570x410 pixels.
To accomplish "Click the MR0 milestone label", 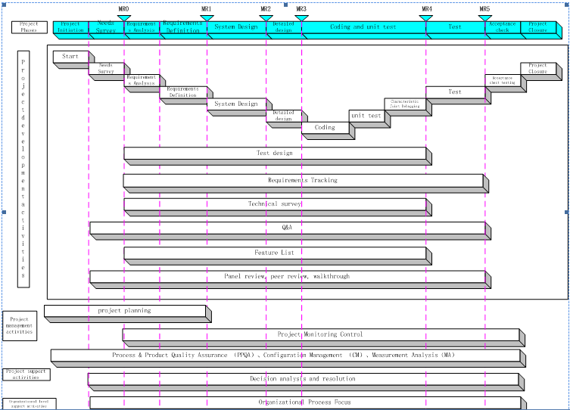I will (x=124, y=9).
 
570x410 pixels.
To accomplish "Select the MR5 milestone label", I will (x=484, y=9).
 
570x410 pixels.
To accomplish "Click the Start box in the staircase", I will (x=70, y=57).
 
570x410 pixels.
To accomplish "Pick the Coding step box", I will (x=325, y=128).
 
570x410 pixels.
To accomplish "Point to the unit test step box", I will (x=366, y=116).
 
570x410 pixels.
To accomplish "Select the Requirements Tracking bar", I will (x=303, y=181).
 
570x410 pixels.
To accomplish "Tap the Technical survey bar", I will (x=275, y=204).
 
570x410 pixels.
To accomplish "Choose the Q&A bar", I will (x=287, y=227).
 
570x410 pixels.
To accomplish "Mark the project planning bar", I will (x=125, y=310).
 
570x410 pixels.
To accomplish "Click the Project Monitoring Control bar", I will (x=319, y=334).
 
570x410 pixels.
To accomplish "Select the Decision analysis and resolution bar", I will (x=303, y=379).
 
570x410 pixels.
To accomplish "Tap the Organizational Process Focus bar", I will (x=304, y=402).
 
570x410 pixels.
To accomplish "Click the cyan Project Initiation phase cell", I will (x=70, y=27).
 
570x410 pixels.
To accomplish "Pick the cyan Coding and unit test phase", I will (x=363, y=27).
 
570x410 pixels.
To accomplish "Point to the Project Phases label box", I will (x=30, y=27).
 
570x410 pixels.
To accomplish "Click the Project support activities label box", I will (x=26, y=374).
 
